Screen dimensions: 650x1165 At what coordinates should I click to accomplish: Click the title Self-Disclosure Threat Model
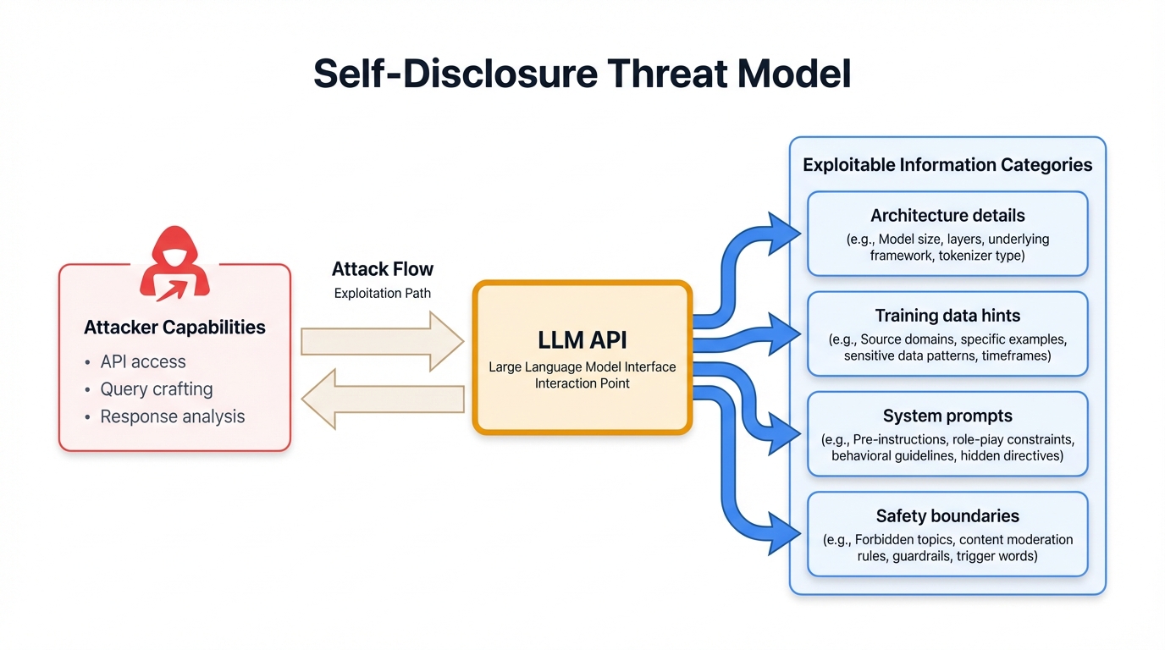pos(582,74)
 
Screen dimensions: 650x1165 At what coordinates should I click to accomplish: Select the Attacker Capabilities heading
pos(174,328)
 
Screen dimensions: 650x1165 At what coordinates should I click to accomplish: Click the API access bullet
pos(142,361)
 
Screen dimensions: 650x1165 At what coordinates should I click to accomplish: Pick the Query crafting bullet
pos(156,389)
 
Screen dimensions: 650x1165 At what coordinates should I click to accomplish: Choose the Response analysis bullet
pos(172,416)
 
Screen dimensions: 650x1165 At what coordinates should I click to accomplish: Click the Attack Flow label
pos(383,269)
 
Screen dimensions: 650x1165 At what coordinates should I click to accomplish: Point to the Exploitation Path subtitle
pos(383,293)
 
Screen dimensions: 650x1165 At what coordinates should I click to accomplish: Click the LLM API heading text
pos(582,340)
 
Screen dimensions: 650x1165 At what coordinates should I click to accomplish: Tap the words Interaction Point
pos(582,383)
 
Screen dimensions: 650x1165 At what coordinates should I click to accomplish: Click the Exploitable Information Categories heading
pos(947,165)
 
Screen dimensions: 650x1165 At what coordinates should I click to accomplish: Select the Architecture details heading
pos(947,216)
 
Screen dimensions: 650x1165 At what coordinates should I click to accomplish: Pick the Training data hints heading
pos(947,316)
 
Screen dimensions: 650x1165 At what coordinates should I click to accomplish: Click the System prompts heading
pos(947,416)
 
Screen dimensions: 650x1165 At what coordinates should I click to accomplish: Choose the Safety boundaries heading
pos(947,515)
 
